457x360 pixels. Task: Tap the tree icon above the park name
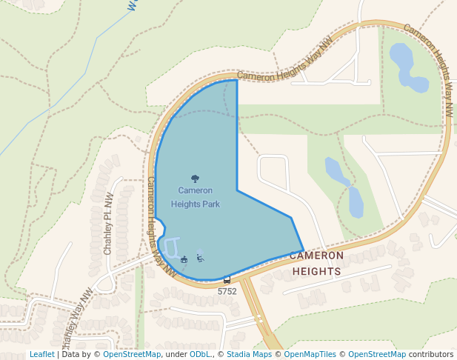point(195,179)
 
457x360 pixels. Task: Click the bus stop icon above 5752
point(227,280)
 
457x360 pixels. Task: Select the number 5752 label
point(227,291)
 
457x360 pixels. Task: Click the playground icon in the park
point(200,258)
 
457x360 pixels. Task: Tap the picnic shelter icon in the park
point(184,259)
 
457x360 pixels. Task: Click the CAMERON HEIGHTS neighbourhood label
point(317,263)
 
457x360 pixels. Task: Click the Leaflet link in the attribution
point(41,354)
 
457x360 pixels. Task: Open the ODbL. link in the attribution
point(200,354)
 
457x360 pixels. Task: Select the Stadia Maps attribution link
point(249,354)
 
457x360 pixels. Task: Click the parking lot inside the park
point(170,248)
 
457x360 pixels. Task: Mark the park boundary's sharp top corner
point(237,80)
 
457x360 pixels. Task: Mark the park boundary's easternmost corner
point(304,250)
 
